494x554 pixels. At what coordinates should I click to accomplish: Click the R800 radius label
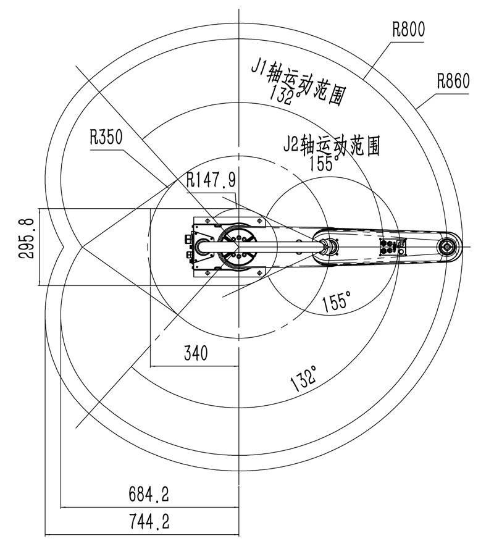(x=408, y=29)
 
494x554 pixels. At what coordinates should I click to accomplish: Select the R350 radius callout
(x=106, y=136)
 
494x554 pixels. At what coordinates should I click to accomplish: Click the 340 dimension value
(x=195, y=353)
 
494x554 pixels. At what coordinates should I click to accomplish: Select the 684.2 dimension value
(x=148, y=493)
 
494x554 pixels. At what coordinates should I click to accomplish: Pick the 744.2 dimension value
(x=148, y=522)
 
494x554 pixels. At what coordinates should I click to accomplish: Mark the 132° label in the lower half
(x=305, y=378)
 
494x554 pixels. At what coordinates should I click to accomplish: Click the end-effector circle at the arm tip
(x=447, y=246)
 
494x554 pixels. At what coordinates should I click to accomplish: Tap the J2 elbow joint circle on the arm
(x=329, y=246)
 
